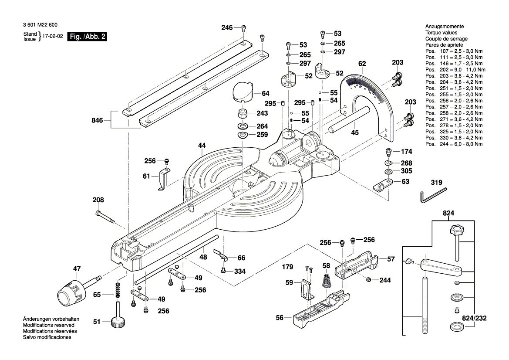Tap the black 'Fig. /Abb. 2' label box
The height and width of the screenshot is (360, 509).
click(87, 37)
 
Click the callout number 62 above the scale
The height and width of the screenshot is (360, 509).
click(362, 64)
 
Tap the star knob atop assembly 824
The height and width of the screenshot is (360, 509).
click(455, 230)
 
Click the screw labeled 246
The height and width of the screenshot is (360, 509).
click(244, 28)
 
